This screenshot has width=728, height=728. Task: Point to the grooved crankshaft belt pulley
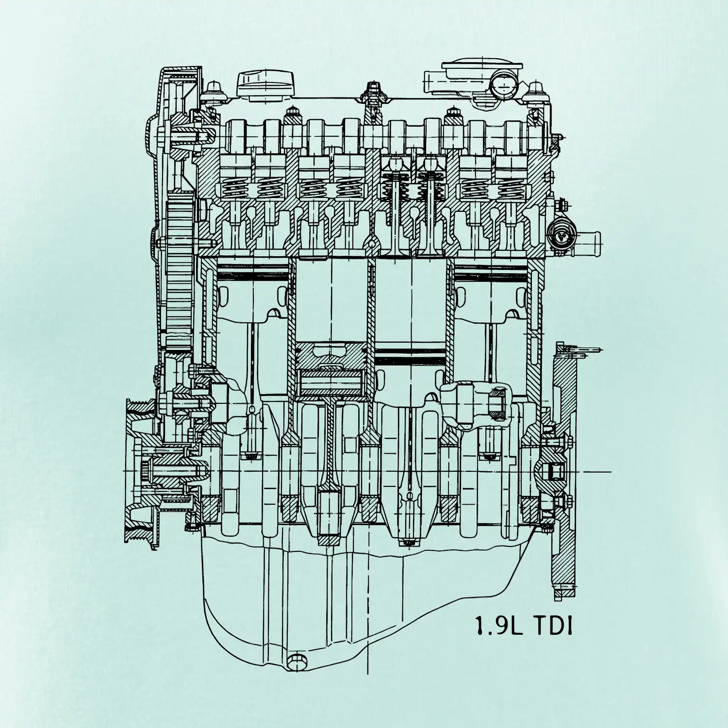point(141,473)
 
